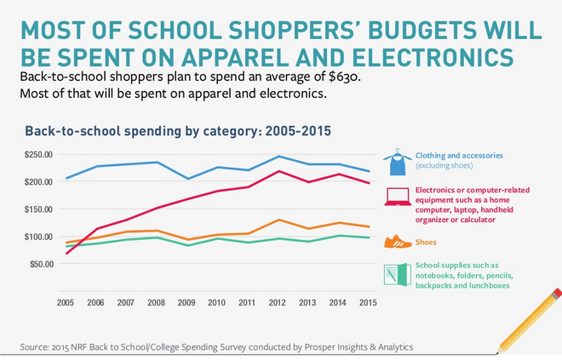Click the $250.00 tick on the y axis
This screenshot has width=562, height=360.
[38, 155]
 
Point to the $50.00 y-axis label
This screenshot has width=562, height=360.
[40, 264]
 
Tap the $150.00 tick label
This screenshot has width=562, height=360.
[38, 209]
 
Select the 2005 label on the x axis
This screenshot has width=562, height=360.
[66, 302]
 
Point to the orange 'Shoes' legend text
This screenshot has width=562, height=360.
[427, 243]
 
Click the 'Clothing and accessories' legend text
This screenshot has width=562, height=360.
[459, 156]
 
